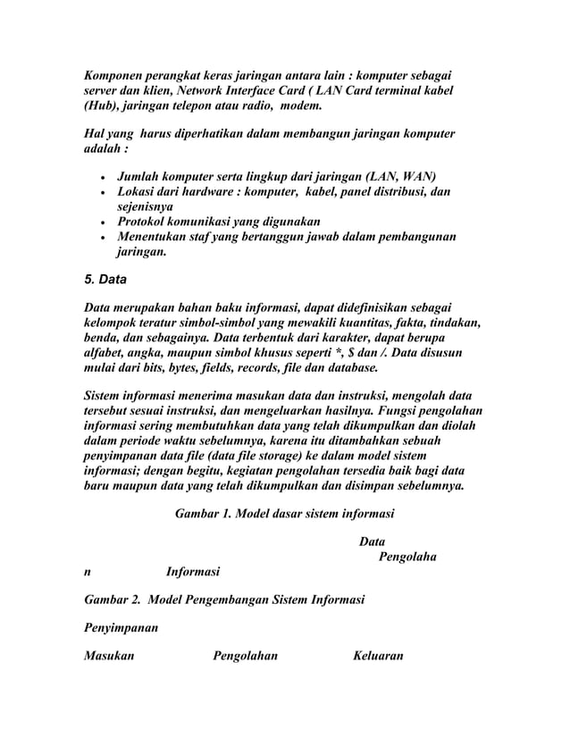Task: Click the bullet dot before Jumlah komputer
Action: (108, 175)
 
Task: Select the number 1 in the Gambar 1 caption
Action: (220, 514)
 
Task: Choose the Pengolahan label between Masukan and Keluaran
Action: (245, 657)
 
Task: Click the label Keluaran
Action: (378, 657)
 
